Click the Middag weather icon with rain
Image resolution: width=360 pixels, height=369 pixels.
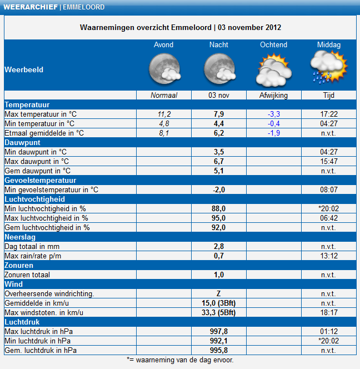(329, 68)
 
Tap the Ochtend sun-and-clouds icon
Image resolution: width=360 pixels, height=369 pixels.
(274, 70)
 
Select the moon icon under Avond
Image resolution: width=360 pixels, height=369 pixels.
(164, 68)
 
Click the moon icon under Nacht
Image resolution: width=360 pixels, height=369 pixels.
(219, 68)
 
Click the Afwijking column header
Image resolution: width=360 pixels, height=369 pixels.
(273, 96)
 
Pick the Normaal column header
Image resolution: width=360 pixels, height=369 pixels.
(164, 96)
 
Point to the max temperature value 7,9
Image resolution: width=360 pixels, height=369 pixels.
(218, 114)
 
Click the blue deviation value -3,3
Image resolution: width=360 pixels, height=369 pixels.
(274, 114)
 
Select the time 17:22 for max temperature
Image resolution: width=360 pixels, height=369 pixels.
(329, 114)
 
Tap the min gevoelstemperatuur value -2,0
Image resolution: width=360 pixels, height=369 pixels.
(219, 190)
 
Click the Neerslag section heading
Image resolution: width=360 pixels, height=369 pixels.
(20, 237)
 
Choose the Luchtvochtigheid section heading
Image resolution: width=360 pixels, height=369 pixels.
(35, 199)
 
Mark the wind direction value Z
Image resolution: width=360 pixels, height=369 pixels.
(218, 293)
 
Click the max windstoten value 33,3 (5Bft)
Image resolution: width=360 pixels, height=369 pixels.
(218, 312)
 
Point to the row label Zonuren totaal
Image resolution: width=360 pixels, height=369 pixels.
(27, 275)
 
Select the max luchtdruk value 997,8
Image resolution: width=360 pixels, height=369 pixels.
(219, 331)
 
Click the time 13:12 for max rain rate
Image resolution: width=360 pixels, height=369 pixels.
(329, 256)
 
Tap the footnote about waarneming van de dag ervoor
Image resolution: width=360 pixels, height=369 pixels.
(180, 360)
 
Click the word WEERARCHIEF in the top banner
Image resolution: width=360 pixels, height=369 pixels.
(31, 7)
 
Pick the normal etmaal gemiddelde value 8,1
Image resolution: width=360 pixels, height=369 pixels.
(164, 133)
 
